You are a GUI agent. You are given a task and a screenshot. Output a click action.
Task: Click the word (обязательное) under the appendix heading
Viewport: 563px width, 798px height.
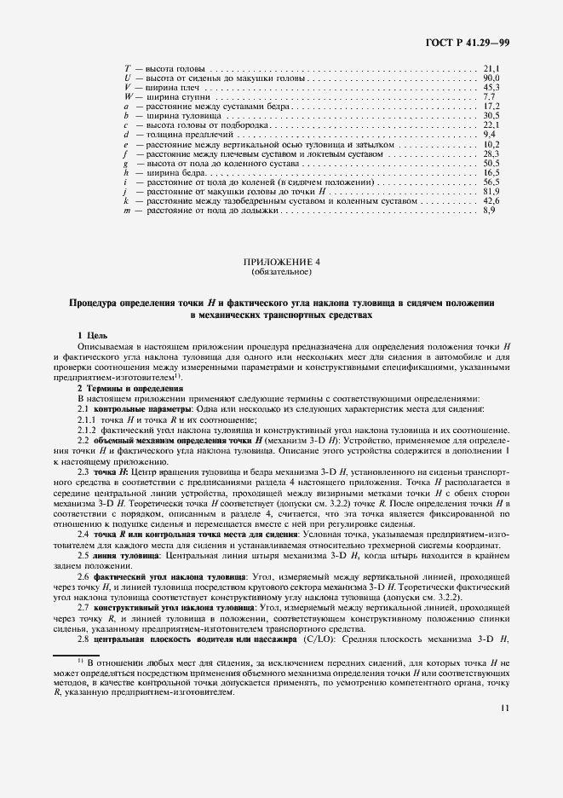(280, 273)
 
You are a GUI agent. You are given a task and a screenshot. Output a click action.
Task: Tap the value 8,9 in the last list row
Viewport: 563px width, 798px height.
(489, 210)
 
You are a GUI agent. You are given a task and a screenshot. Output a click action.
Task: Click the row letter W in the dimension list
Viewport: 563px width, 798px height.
(127, 96)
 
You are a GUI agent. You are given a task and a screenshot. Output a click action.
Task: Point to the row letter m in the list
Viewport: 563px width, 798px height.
(127, 210)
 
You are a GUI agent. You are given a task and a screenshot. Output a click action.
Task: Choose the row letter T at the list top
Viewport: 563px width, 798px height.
(127, 68)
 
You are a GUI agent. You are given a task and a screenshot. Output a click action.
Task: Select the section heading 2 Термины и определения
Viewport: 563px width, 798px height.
(125, 389)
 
